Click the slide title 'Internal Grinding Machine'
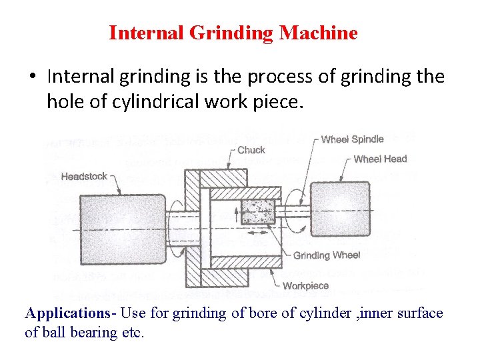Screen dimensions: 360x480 (233, 33)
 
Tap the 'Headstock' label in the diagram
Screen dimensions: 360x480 (83, 176)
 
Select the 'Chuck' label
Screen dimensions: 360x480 (251, 150)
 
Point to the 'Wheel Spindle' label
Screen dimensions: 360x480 (352, 139)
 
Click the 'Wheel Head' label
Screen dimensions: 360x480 (379, 159)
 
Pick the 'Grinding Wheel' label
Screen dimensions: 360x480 (327, 255)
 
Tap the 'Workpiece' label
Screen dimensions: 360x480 (305, 285)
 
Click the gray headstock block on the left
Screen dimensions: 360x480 (121, 229)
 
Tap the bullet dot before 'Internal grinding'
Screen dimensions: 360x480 (32, 77)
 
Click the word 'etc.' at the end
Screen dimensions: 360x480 (131, 332)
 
